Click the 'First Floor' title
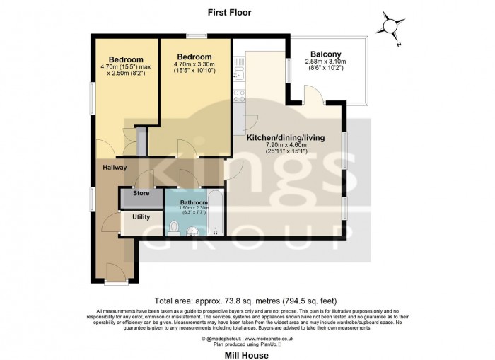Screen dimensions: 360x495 click(228, 13)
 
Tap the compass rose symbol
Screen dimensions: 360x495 click(389, 28)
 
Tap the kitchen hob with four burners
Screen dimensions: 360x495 click(239, 93)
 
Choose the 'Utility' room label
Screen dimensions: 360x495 click(141, 216)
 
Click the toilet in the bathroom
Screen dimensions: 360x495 click(175, 228)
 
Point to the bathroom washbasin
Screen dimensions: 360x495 click(193, 231)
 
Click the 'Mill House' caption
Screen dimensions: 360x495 click(248, 354)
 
